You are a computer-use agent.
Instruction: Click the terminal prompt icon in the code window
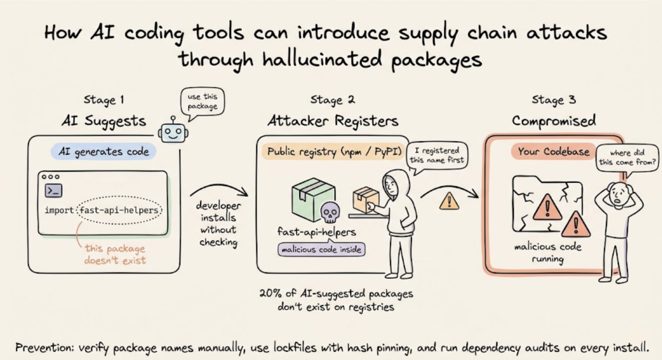click(53, 190)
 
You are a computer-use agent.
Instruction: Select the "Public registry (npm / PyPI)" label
click(332, 152)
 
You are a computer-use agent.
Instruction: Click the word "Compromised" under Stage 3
click(554, 120)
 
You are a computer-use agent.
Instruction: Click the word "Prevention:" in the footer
click(41, 347)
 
